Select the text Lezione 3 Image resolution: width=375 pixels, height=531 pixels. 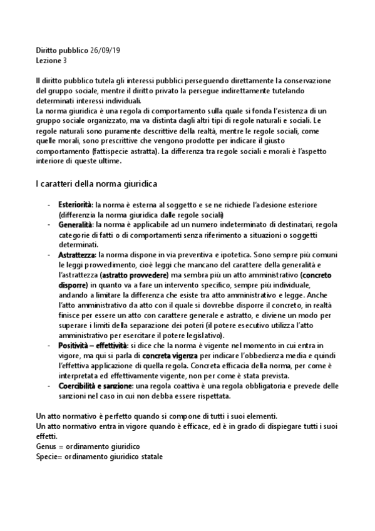point(51,61)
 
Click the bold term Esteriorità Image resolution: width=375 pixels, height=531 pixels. point(74,205)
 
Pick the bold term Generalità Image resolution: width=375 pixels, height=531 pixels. point(74,224)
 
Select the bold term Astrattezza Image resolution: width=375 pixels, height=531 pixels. point(76,255)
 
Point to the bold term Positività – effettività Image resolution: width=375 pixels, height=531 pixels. point(93,346)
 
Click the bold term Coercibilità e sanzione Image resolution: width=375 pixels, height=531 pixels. point(95,386)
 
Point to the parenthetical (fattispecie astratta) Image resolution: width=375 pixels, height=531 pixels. point(125,152)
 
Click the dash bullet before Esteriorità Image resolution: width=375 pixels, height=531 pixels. point(49,205)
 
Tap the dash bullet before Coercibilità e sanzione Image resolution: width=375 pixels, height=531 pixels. point(49,386)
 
